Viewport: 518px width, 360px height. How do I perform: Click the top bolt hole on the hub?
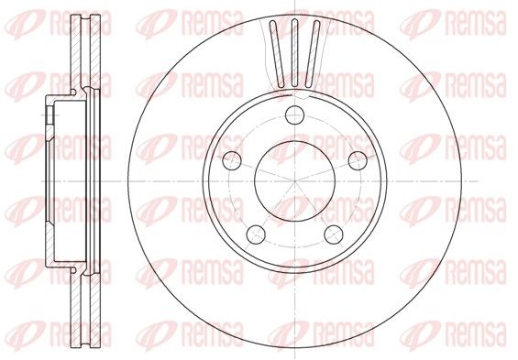(294, 115)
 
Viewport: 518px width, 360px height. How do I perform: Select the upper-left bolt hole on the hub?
(232, 160)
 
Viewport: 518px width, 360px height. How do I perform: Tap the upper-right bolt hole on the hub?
(358, 160)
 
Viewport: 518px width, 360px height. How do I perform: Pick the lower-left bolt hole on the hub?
(256, 235)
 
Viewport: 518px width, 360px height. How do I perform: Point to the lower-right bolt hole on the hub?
(334, 235)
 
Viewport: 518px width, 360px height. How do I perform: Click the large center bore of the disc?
(294, 181)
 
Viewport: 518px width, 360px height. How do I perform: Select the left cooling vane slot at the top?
(277, 54)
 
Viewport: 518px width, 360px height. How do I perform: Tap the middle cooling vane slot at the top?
(294, 53)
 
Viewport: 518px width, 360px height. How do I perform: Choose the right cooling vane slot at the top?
(313, 54)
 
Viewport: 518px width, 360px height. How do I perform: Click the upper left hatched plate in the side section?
(76, 53)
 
